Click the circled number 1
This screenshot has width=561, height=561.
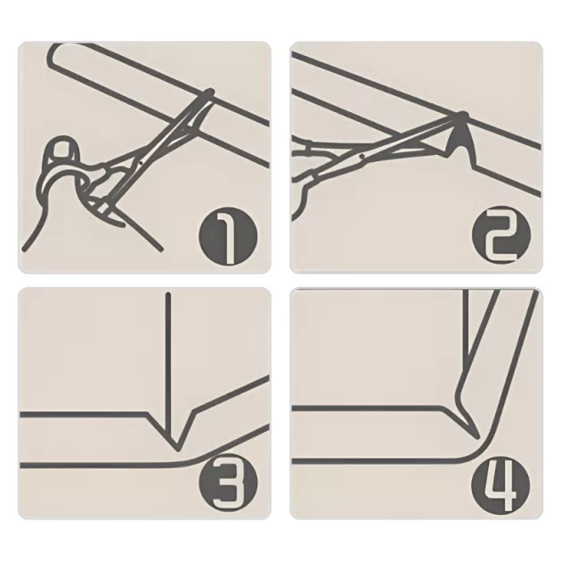coord(228,236)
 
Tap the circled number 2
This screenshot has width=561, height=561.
coord(500,234)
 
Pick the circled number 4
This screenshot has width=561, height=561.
coord(500,483)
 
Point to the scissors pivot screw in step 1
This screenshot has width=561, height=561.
coord(141,163)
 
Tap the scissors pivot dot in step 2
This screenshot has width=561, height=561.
coord(362,156)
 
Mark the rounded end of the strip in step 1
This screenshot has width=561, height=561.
coord(53,57)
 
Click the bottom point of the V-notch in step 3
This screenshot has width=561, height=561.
coord(177,450)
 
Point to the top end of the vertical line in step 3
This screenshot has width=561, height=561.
coord(168,294)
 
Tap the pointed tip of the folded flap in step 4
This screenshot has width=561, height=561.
coord(477,437)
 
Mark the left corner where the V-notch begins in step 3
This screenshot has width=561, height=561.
coord(147,414)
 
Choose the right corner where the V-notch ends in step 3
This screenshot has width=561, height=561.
coord(194,411)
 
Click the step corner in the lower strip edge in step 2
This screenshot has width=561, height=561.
coord(475,165)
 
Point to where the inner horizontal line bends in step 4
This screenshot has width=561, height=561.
coord(443,408)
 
